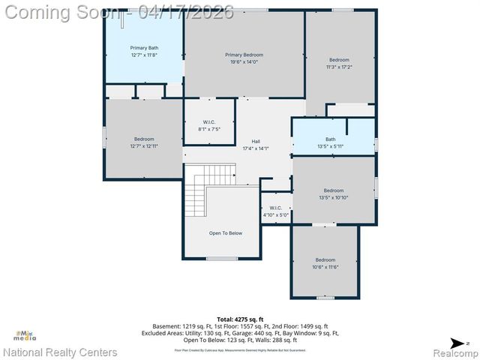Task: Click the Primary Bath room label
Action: pyautogui.click(x=144, y=48)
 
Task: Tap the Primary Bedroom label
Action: pyautogui.click(x=244, y=55)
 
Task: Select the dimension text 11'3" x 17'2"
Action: pyautogui.click(x=339, y=67)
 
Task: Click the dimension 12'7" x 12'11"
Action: pyautogui.click(x=144, y=146)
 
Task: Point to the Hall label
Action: pyautogui.click(x=255, y=141)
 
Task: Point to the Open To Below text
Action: pyautogui.click(x=225, y=233)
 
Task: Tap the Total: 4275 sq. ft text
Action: pyautogui.click(x=241, y=319)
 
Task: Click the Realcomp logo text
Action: pyautogui.click(x=450, y=352)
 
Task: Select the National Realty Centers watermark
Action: pyautogui.click(x=60, y=352)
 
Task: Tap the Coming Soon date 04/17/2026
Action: pyautogui.click(x=191, y=11)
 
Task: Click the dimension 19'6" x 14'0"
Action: pyautogui.click(x=244, y=62)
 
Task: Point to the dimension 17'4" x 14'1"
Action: pyautogui.click(x=255, y=148)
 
